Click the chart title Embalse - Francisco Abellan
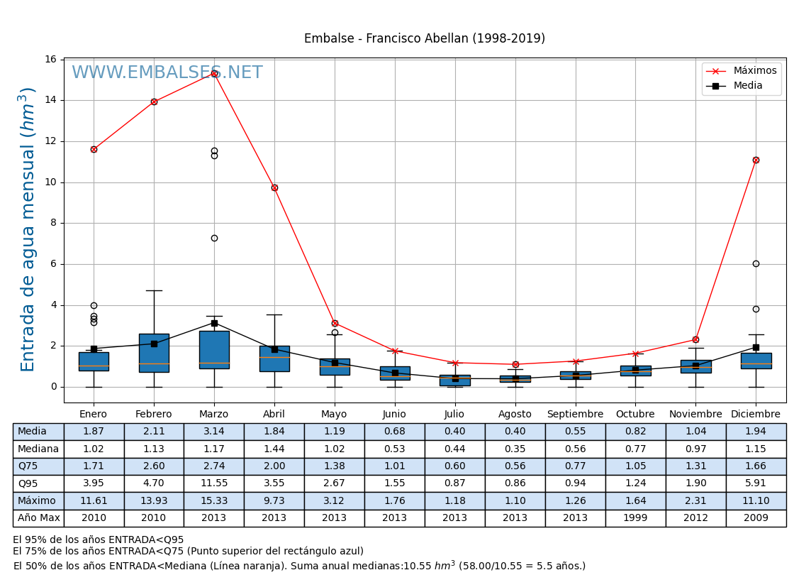[x=424, y=39]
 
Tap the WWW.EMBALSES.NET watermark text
[x=167, y=73]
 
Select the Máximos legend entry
[x=754, y=71]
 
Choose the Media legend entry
[x=748, y=86]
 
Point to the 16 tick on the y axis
[x=51, y=59]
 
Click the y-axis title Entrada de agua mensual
[x=28, y=229]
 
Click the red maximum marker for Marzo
[x=214, y=73]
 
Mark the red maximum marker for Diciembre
[x=756, y=160]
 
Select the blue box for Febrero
[x=154, y=353]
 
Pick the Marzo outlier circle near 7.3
[x=214, y=238]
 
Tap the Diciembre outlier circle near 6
[x=756, y=263]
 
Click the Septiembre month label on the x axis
[x=575, y=415]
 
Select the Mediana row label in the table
[x=38, y=449]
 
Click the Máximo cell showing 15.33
[x=214, y=501]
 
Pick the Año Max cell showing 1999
[x=635, y=518]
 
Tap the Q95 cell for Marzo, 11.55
[x=214, y=483]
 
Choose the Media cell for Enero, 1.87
[x=94, y=432]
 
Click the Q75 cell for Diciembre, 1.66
[x=756, y=466]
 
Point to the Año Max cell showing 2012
[x=695, y=518]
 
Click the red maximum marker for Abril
[x=274, y=187]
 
